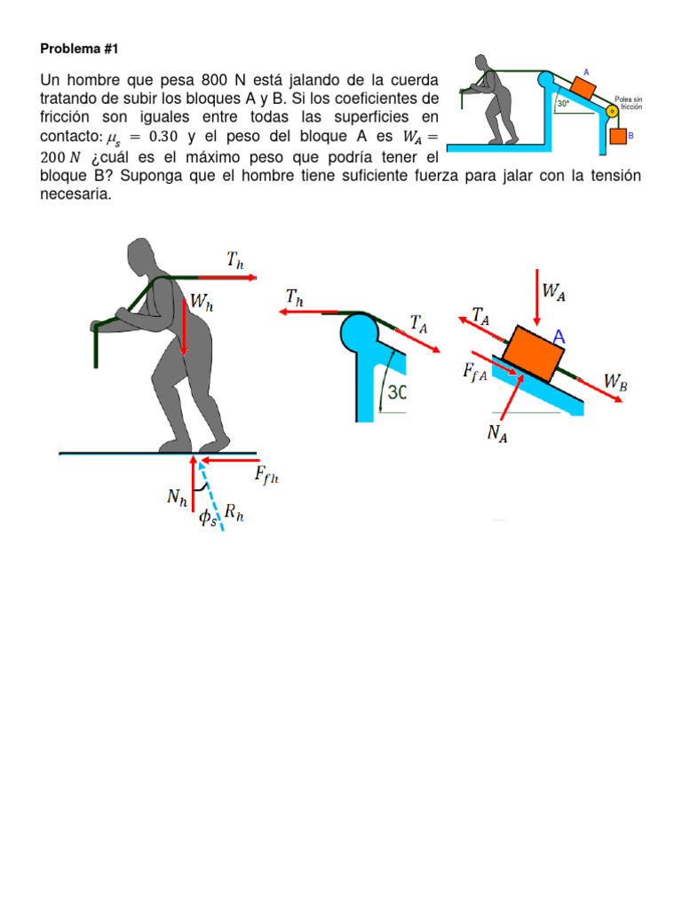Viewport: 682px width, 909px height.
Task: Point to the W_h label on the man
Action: click(x=202, y=303)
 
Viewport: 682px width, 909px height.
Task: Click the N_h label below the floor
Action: click(x=178, y=499)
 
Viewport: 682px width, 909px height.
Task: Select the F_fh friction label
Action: click(x=266, y=476)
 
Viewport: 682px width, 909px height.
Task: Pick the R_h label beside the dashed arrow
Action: click(x=234, y=512)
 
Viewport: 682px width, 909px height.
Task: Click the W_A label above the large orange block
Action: click(x=553, y=290)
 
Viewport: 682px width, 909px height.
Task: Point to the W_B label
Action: click(x=616, y=381)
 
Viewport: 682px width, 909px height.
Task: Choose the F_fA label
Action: click(x=474, y=374)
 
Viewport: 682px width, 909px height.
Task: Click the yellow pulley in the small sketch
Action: click(x=611, y=112)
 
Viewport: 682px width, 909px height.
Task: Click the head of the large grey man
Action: click(x=145, y=257)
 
